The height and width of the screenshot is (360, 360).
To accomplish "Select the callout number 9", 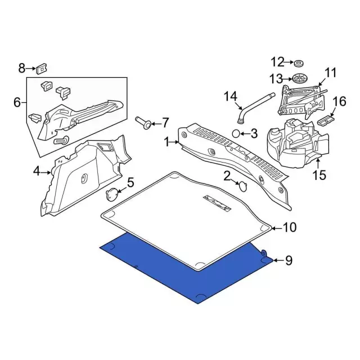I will (289, 260).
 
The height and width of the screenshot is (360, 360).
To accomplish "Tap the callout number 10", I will (289, 228).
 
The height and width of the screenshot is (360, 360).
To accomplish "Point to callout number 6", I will (16, 102).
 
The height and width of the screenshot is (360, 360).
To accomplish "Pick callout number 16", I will (340, 101).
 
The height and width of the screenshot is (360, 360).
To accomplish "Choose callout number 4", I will (37, 171).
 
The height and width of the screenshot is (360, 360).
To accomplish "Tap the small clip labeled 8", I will (41, 69).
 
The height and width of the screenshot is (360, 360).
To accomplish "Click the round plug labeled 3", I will (238, 133).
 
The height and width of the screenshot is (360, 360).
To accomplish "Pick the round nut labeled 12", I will (299, 62).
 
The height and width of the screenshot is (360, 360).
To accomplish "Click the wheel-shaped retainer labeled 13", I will (299, 78).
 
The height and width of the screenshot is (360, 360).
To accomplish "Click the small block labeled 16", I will (327, 119).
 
